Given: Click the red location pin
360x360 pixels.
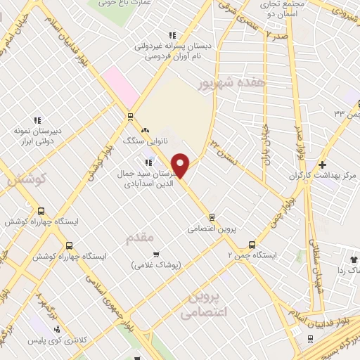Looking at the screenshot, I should pos(181,165).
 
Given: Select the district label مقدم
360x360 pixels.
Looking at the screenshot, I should pos(139,238).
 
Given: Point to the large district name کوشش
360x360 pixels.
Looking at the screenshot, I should pos(22,181).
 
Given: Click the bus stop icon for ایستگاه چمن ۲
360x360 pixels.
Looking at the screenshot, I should pos(252,245).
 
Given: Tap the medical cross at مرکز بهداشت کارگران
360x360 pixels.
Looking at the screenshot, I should pos(321,164).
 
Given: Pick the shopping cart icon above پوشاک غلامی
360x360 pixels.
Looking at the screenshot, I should pos(156,254).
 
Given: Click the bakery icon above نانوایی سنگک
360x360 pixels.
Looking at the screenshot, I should pos(146,130).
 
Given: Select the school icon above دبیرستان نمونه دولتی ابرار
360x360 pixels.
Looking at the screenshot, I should pos(37,120).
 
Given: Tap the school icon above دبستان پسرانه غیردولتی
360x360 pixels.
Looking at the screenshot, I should pos(172,35).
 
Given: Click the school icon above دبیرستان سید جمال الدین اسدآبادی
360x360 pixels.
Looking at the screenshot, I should pos(148,162).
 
